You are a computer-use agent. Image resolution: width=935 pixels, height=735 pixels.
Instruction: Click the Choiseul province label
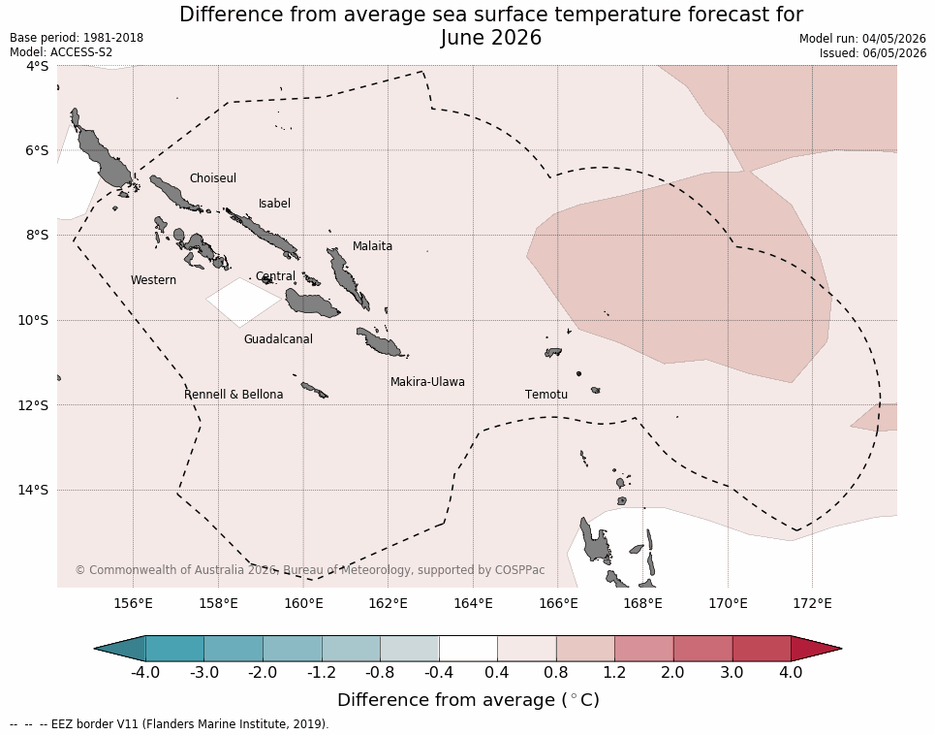213,178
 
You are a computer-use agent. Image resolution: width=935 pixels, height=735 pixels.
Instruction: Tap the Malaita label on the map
372,245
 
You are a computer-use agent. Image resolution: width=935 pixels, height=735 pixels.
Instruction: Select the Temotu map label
546,395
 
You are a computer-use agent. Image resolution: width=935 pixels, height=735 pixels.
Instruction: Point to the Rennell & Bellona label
234,395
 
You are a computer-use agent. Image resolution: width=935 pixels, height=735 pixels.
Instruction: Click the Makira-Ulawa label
427,382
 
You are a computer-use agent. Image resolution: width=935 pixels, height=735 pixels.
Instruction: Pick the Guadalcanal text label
278,338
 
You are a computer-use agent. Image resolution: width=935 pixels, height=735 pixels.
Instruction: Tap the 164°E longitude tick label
473,603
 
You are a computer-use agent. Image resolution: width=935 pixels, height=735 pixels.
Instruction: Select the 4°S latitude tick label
37,66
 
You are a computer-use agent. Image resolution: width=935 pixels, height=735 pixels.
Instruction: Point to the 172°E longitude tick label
812,603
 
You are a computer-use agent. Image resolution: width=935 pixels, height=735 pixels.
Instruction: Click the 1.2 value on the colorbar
614,673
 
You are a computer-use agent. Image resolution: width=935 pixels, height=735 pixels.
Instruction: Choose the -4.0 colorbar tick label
145,673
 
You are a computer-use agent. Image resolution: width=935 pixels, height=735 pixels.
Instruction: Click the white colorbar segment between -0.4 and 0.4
468,648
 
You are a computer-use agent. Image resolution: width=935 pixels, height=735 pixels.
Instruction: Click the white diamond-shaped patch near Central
243,302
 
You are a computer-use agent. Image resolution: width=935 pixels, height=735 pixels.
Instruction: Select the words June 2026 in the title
491,38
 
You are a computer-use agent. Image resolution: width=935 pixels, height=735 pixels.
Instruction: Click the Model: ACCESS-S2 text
61,52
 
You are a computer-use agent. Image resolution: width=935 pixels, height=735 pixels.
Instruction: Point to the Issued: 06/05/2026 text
872,52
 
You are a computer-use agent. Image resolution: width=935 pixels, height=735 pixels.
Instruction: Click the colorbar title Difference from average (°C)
468,700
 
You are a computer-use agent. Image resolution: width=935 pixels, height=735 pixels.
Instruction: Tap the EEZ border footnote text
170,724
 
